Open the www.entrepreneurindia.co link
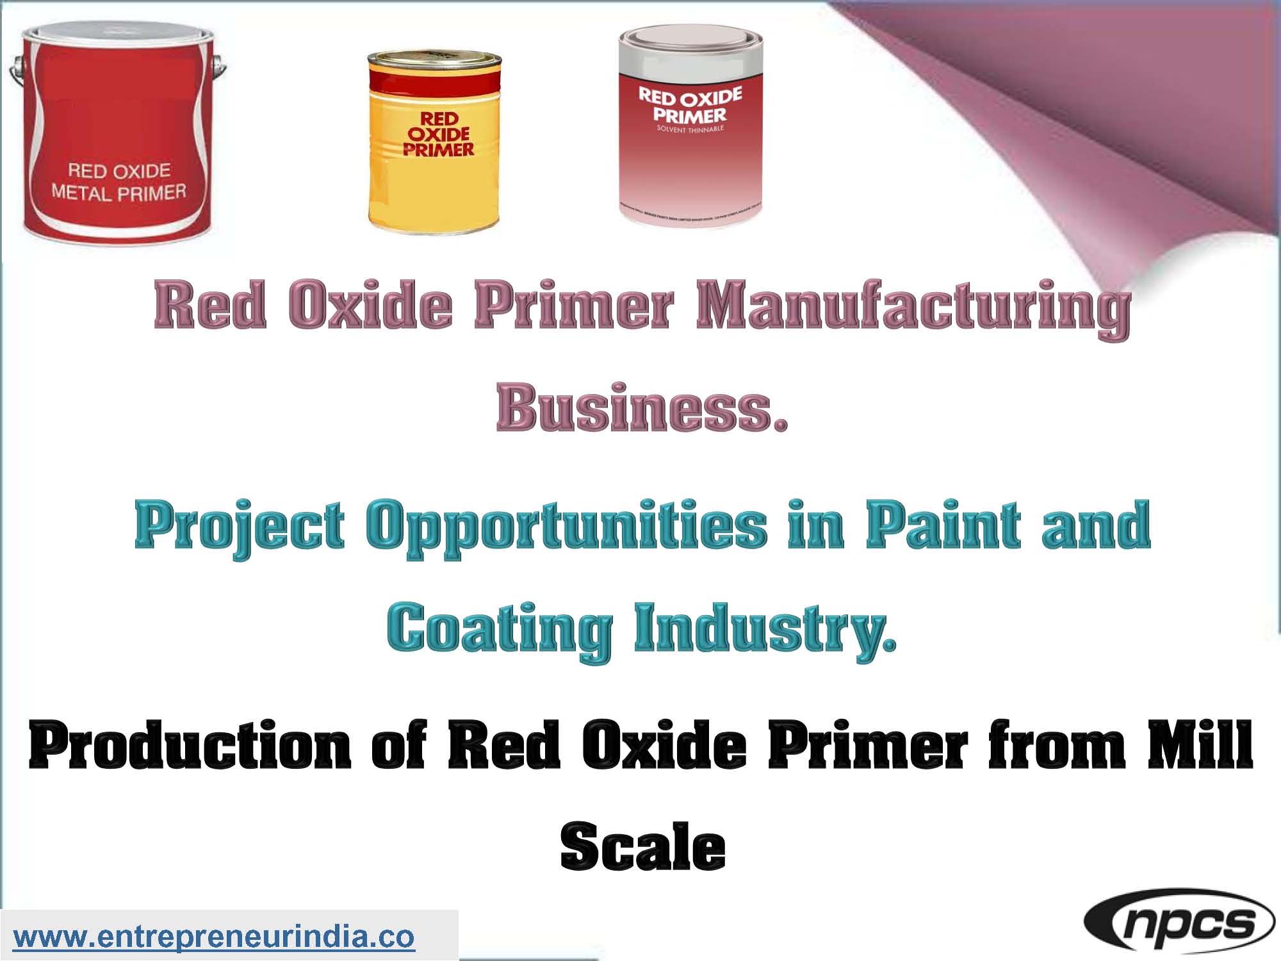coord(214,937)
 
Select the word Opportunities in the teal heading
coord(566,528)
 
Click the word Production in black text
coord(190,746)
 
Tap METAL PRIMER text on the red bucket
coord(119,192)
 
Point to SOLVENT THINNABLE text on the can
coord(690,129)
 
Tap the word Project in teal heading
coord(240,528)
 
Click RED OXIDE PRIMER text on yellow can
coord(439,135)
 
